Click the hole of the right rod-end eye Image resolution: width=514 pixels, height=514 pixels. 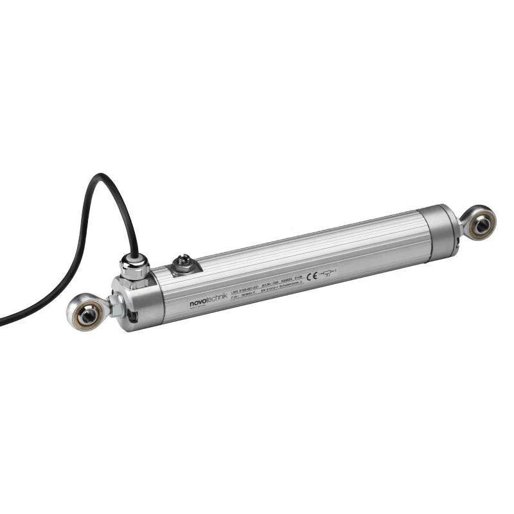(479, 224)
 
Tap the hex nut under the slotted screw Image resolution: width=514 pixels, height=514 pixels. (182, 266)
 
